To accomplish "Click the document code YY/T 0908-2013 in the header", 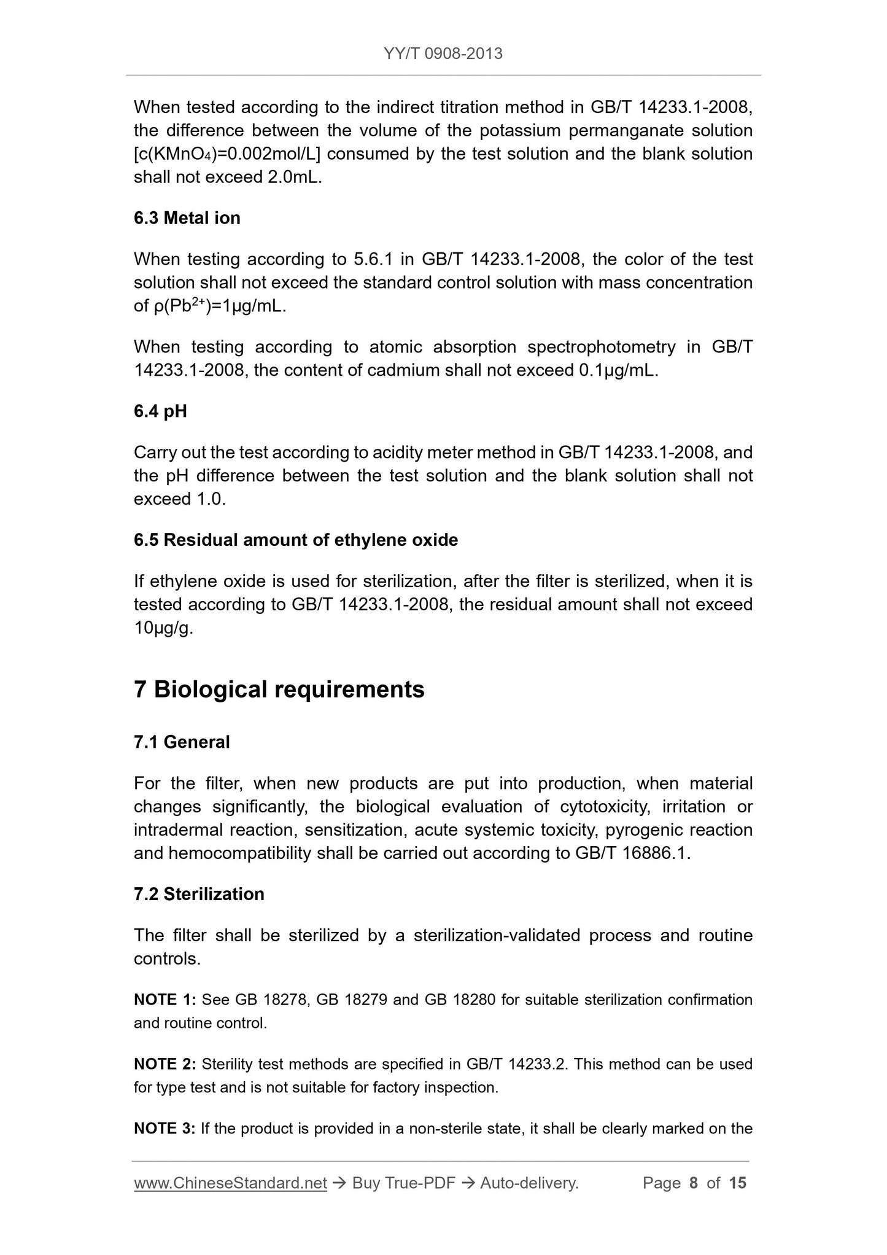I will (443, 54).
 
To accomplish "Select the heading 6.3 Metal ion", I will (187, 218).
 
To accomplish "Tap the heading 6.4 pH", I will (160, 411).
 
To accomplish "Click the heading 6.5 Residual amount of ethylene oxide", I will (296, 540).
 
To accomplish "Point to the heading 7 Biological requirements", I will (279, 690).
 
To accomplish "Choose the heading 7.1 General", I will (182, 742).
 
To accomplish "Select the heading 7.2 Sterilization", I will (199, 893).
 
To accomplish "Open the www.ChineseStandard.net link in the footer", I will (230, 1183).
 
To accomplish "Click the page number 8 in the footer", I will (694, 1183).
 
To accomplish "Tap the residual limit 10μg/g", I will (163, 628).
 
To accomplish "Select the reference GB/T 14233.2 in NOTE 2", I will (516, 1064).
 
